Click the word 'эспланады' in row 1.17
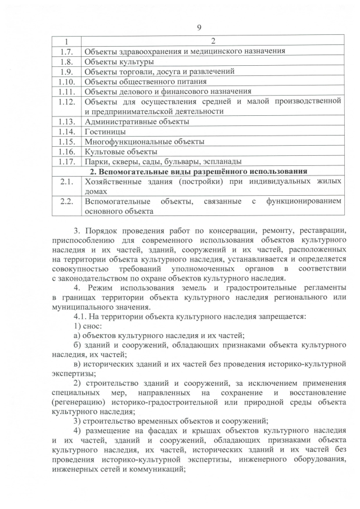(x=222, y=161)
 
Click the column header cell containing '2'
(x=212, y=41)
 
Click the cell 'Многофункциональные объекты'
(x=144, y=141)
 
